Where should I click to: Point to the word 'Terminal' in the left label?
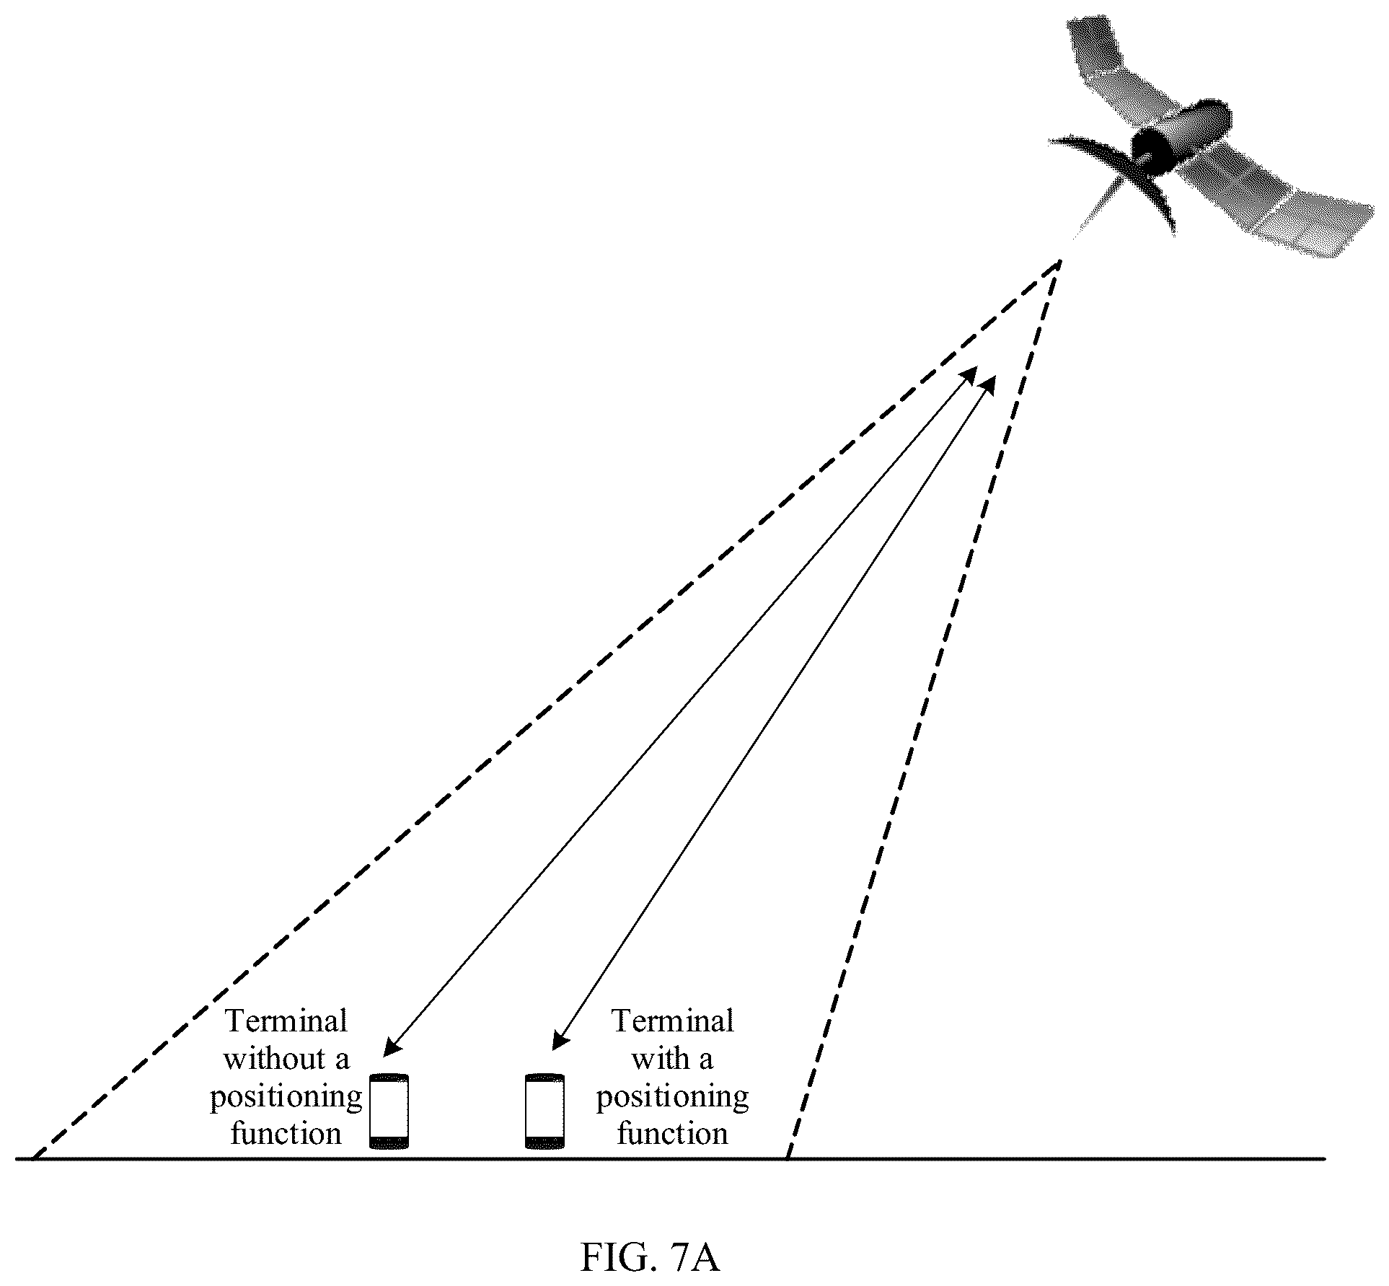(287, 1021)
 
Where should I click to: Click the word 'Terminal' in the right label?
(672, 1021)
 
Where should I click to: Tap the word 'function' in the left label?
(286, 1134)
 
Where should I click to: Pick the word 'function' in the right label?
(672, 1134)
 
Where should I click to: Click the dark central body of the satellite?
(1151, 151)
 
